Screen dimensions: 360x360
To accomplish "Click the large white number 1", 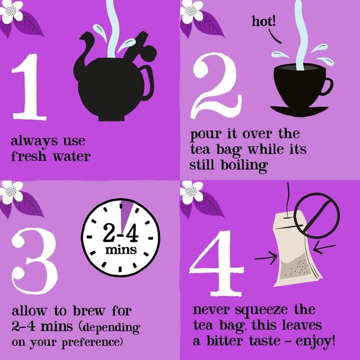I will [28, 90].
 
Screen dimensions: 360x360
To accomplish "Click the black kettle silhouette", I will [112, 84].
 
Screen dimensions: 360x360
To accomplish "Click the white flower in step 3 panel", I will [11, 191].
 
